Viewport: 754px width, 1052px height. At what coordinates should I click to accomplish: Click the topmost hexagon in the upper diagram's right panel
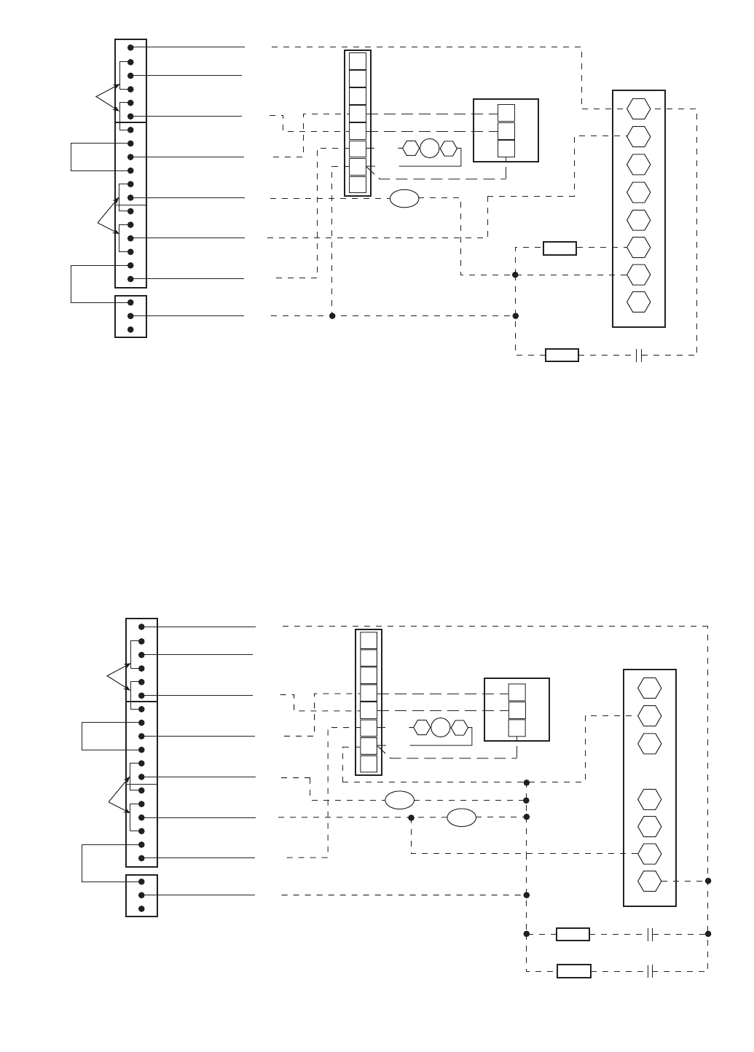(638, 109)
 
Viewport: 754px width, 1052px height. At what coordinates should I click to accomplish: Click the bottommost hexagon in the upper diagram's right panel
(638, 302)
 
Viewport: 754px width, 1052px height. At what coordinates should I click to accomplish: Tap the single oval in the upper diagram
(404, 198)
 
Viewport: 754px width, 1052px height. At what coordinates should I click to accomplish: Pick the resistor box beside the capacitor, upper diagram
(562, 356)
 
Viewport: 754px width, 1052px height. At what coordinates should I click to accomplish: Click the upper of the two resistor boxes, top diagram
(559, 248)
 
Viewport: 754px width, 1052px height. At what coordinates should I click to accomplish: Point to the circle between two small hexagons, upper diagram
(430, 149)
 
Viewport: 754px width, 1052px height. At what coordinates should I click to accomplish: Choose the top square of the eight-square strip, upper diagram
(358, 60)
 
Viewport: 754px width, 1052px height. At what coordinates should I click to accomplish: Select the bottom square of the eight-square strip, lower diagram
(369, 764)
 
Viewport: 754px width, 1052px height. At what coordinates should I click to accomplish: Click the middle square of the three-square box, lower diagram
(517, 710)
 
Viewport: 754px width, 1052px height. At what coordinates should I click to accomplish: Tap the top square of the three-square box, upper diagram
(506, 113)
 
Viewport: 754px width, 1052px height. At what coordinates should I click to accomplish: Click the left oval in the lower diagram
(399, 800)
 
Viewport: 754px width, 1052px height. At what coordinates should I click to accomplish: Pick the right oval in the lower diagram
(461, 817)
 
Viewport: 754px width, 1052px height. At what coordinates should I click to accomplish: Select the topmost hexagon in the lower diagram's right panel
(649, 688)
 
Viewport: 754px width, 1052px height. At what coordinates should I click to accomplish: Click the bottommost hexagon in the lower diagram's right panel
(649, 881)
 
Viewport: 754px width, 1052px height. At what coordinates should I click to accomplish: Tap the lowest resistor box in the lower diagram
(573, 971)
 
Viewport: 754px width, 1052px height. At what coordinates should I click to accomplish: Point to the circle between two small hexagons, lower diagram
(441, 728)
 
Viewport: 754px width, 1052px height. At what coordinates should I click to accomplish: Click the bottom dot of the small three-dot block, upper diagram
(130, 329)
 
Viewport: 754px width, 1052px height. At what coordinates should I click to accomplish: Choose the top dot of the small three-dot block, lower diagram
(141, 882)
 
